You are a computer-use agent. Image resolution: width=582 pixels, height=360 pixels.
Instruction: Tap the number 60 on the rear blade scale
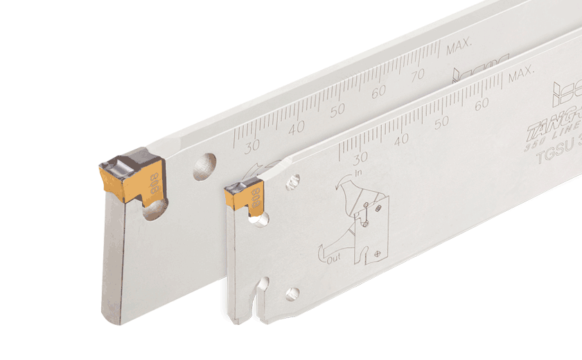click(378, 91)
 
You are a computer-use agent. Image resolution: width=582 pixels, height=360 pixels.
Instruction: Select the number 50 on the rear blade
click(337, 109)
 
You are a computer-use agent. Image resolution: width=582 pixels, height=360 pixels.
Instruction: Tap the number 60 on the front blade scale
click(483, 105)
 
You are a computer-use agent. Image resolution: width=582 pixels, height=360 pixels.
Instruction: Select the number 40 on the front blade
click(402, 139)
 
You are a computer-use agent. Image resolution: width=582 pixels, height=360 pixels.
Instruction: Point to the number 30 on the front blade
click(360, 156)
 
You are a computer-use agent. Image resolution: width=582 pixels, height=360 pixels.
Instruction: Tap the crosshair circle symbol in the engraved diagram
click(376, 253)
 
